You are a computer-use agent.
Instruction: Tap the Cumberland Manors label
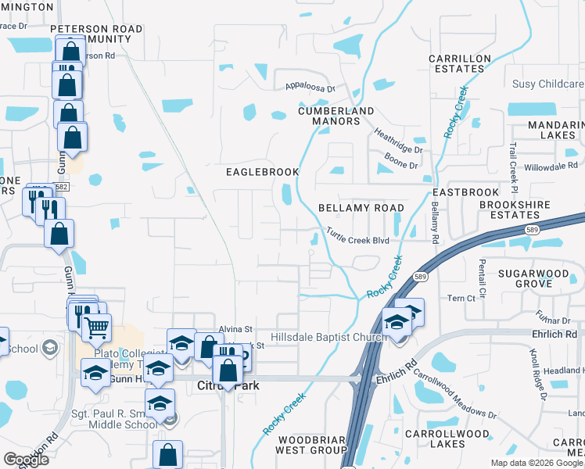click(x=336, y=116)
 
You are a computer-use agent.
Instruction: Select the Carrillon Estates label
click(x=460, y=63)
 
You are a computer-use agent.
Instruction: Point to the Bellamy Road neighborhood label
click(x=361, y=208)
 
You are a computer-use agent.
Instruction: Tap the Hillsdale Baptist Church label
click(x=328, y=338)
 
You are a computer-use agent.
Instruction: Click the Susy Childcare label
click(x=547, y=84)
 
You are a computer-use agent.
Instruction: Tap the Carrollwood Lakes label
click(x=447, y=438)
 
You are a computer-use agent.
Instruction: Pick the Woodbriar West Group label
click(x=310, y=445)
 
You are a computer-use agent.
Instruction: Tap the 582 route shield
click(x=62, y=187)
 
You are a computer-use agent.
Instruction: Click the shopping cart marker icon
click(x=96, y=328)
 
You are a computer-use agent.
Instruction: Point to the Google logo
click(x=26, y=460)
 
